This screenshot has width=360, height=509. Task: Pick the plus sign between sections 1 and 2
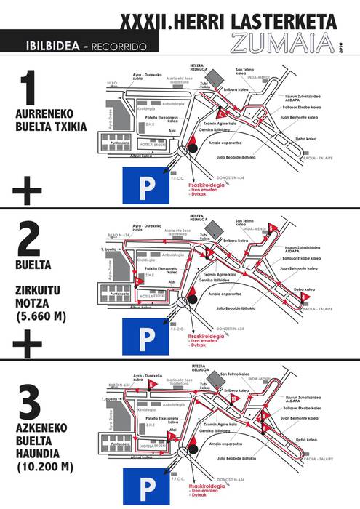[x=28, y=191]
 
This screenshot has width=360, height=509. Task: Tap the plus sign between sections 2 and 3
[x=28, y=342]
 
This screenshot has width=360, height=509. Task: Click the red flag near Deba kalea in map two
[x=306, y=297]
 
